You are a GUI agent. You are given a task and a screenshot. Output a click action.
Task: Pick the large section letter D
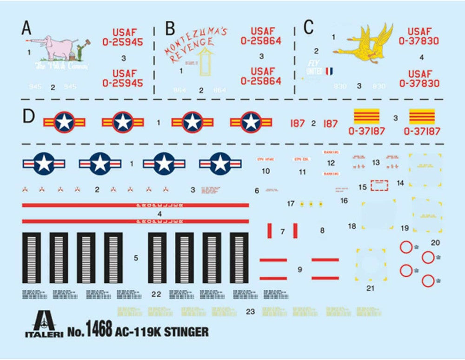click(28, 116)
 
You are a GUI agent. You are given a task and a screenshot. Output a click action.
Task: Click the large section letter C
click(309, 27)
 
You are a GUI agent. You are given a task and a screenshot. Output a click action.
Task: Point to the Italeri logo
click(44, 324)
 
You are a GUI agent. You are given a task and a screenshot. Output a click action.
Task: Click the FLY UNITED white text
click(314, 67)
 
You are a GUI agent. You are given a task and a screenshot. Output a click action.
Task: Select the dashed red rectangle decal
click(379, 186)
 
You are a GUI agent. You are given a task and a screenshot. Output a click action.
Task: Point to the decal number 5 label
click(135, 258)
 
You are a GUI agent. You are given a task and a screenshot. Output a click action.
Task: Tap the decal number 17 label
click(291, 204)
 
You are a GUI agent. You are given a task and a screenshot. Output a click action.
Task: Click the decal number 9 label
click(299, 269)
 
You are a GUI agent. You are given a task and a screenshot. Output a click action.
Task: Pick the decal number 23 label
click(250, 312)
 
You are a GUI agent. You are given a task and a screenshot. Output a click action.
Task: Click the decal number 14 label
click(400, 183)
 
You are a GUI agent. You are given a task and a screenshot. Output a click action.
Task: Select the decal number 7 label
click(282, 231)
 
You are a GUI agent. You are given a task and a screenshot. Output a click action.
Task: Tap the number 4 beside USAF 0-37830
click(421, 58)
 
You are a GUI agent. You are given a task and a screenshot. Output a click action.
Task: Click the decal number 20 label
click(435, 242)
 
